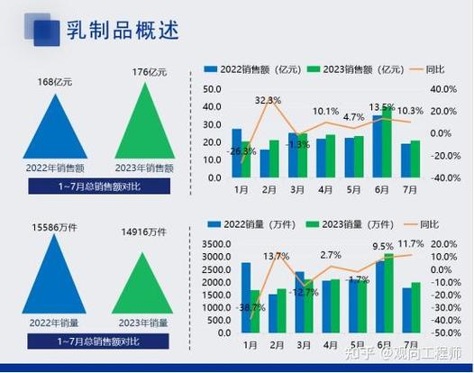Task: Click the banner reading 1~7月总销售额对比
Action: pos(98,186)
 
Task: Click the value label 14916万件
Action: pos(146,232)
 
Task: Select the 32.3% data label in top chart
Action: pos(268,100)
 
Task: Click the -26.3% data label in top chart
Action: pos(242,151)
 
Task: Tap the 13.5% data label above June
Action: pos(382,107)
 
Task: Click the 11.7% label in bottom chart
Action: pos(411,244)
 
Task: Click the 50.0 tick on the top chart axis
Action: pos(213,89)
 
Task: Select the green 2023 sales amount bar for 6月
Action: pos(387,145)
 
